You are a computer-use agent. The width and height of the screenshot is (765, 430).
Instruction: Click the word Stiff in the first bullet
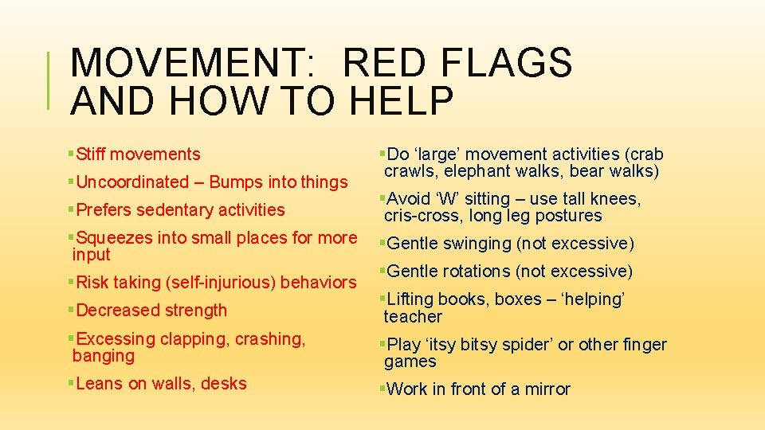point(94,154)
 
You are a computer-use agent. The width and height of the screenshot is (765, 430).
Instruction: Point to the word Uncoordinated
point(131,182)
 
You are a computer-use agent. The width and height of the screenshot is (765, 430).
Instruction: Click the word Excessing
point(116,339)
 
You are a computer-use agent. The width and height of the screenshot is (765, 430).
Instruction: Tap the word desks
point(224,384)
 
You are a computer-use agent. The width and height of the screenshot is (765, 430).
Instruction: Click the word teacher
point(412,317)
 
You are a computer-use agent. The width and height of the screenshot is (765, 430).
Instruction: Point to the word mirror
point(547,389)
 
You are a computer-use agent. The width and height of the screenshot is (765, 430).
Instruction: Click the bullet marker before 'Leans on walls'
point(69,384)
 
